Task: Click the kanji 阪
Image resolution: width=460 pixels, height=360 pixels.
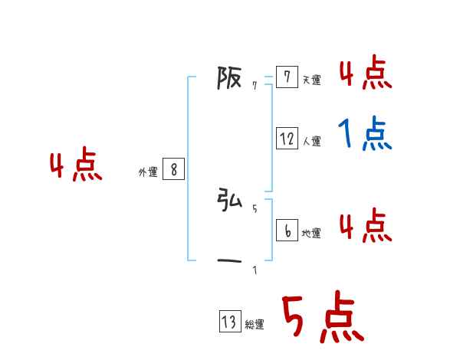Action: [x=230, y=78]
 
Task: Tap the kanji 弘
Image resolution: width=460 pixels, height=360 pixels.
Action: [x=230, y=201]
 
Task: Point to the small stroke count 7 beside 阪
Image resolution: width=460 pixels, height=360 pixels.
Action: [x=255, y=86]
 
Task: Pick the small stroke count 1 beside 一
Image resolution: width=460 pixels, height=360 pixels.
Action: [x=255, y=270]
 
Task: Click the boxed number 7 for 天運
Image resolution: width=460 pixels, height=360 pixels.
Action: [x=287, y=77]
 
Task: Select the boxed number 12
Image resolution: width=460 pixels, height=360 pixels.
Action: [x=287, y=139]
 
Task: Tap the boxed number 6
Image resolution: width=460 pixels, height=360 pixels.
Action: [x=287, y=231]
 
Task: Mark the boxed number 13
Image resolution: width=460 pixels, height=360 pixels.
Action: [x=229, y=322]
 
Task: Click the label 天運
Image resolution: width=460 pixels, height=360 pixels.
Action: [x=311, y=80]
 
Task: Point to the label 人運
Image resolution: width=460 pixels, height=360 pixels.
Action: [x=311, y=141]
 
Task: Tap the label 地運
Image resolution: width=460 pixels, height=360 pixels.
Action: [x=311, y=233]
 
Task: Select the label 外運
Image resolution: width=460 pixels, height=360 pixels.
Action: [x=148, y=172]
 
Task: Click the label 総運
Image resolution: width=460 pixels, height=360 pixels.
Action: [x=255, y=325]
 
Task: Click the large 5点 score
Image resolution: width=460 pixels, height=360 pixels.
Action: [x=322, y=319]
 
